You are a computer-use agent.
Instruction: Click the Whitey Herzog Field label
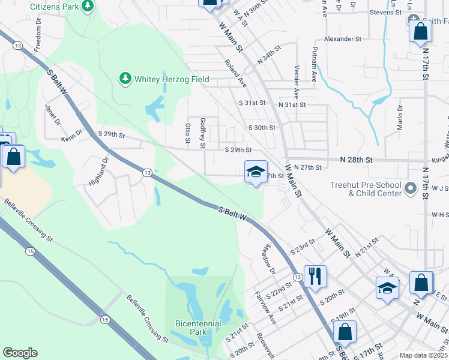coord(163,79)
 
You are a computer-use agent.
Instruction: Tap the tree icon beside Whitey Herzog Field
coord(125,78)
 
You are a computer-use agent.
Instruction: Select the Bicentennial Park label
coord(199,328)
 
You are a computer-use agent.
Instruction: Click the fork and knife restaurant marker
coord(315,277)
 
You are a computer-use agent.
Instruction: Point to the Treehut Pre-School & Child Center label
coord(364,190)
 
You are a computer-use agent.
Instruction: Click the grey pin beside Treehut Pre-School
coord(411,189)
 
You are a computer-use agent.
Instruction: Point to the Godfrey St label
coord(203,133)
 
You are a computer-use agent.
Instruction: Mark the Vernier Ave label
coord(296,82)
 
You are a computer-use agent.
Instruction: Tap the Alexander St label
coord(343,38)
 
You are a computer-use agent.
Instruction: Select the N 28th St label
coord(357,160)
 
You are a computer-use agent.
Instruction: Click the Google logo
coord(20,353)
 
